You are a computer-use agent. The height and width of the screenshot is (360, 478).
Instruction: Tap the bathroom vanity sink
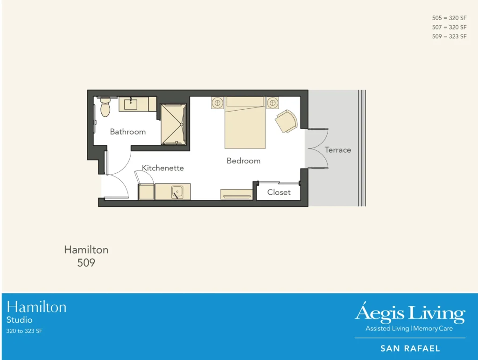coord(131,104)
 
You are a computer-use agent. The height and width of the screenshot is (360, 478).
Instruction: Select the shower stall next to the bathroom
coord(173,124)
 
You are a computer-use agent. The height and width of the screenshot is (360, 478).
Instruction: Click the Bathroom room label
coord(127,132)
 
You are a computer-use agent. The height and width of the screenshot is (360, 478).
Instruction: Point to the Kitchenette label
coord(163,168)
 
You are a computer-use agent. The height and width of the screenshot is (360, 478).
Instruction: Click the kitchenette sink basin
coord(177,191)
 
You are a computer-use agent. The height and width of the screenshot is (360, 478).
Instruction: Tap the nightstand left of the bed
coord(217,103)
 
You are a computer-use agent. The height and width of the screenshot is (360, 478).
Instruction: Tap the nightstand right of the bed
coord(273,103)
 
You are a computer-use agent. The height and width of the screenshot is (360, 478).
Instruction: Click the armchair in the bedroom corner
coord(286,121)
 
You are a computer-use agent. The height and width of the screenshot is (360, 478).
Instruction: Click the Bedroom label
coord(243,161)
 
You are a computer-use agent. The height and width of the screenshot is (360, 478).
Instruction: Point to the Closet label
coord(279,192)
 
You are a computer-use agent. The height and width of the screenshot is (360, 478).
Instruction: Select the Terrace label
coord(338,150)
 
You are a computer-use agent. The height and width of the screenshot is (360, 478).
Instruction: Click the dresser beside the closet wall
coord(236,194)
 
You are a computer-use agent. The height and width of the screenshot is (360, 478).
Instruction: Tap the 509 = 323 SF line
coord(449,36)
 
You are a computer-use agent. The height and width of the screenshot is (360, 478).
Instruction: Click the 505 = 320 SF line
coord(449,18)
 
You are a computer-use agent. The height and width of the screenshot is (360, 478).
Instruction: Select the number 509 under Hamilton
coord(86,263)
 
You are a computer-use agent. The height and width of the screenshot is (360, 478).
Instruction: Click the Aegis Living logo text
coord(410,313)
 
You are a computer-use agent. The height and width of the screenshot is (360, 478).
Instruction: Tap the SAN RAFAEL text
coord(410,348)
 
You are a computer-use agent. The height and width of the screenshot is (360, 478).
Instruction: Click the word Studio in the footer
coord(19,320)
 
